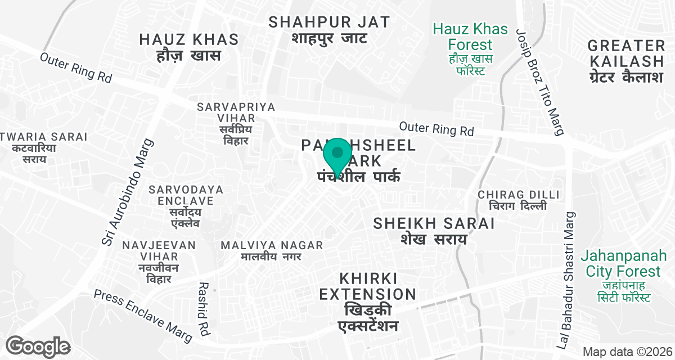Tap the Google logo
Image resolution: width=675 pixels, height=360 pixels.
coord(38,345)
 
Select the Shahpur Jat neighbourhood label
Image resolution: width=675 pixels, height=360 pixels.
coord(329,30)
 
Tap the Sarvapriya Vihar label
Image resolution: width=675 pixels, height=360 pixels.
coord(236,123)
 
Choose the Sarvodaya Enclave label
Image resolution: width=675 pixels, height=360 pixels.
coord(186,206)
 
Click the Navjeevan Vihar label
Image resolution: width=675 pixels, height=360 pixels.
coord(159,262)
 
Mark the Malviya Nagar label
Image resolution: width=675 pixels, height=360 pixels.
coord(272,251)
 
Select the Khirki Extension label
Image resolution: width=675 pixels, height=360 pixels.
coord(368,302)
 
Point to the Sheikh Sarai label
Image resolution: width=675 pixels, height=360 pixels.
coord(434,230)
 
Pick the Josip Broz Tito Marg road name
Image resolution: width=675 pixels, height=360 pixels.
coord(539,83)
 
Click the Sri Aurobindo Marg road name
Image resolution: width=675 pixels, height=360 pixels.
coord(127,192)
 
